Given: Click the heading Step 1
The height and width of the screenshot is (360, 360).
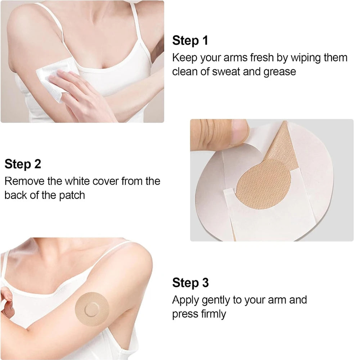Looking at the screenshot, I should click(190, 41).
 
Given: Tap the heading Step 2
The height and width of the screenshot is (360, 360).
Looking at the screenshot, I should click(23, 164).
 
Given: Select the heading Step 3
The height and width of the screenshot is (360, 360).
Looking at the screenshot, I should click(190, 283).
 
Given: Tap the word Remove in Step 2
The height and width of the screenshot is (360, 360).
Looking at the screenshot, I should click(24, 181).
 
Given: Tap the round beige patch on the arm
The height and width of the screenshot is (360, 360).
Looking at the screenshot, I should click(92, 307).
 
